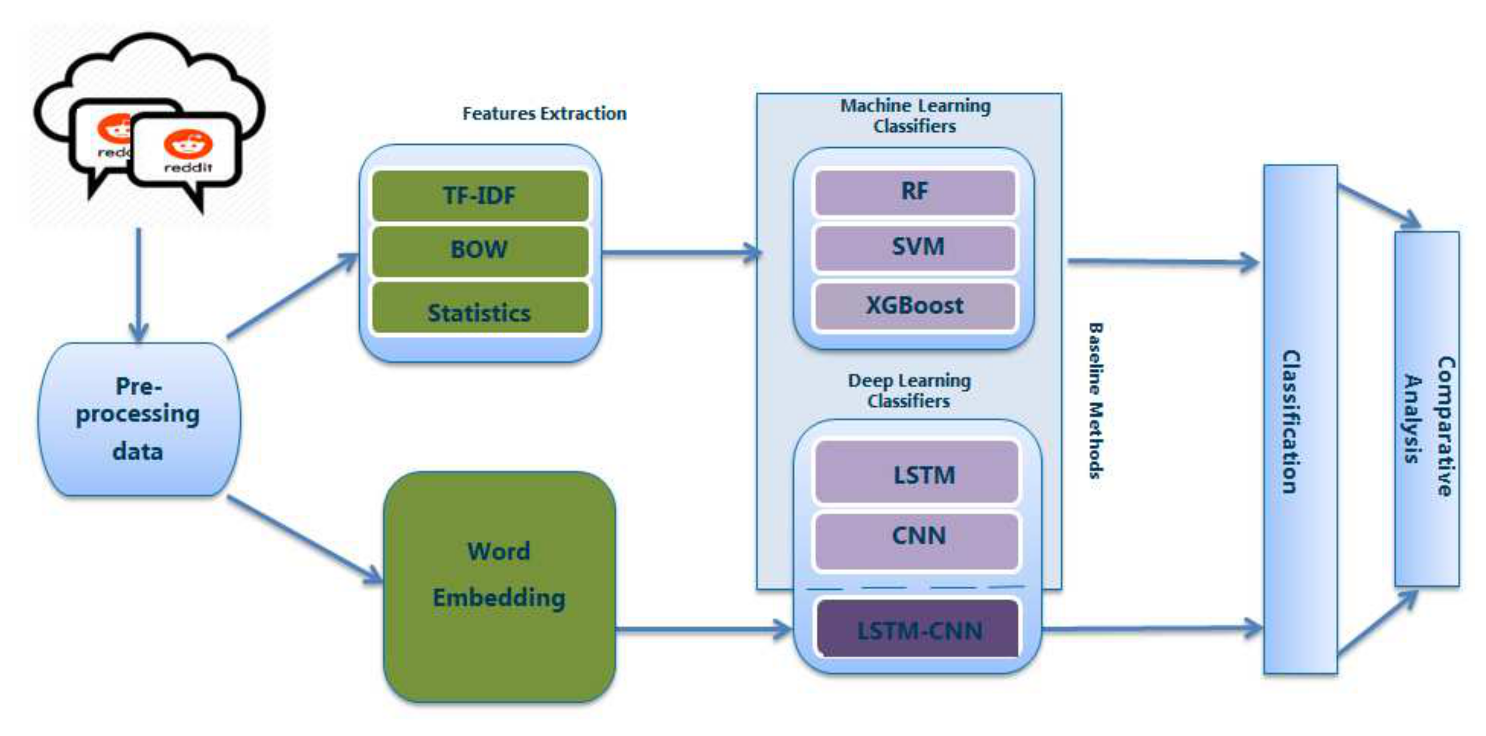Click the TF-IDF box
tap(480, 196)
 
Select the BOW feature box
tap(480, 250)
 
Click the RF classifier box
tap(915, 192)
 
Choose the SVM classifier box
tap(915, 248)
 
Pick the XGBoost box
tap(915, 305)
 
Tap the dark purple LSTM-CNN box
tap(918, 629)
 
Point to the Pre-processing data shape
tap(139, 419)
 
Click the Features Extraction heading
tap(544, 114)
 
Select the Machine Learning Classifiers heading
tap(915, 116)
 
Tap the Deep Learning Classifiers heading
tap(909, 391)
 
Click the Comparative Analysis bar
tap(1427, 409)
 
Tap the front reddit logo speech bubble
tap(185, 151)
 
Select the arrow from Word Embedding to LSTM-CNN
tap(704, 629)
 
